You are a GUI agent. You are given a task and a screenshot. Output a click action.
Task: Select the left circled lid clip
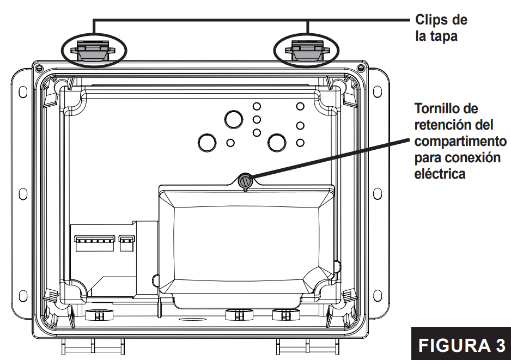click(x=94, y=51)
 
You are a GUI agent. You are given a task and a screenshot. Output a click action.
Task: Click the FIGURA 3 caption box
click(x=461, y=345)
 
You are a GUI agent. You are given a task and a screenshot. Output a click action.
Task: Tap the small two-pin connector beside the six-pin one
click(x=126, y=242)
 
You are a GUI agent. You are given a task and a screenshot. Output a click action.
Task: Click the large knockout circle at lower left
click(x=207, y=143)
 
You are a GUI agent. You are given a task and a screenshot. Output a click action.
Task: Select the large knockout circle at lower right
click(x=277, y=143)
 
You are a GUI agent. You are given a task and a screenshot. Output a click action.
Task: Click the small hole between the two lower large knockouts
click(x=230, y=143)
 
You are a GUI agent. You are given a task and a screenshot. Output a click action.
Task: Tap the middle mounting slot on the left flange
click(x=22, y=194)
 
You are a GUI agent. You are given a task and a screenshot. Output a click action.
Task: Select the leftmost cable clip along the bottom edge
click(x=96, y=315)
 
